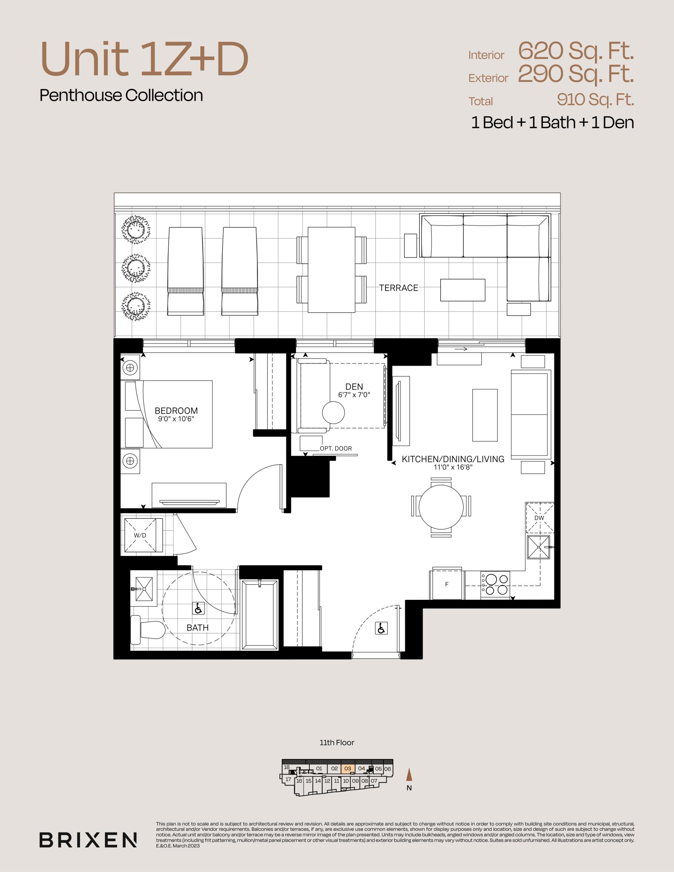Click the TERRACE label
pyautogui.click(x=398, y=288)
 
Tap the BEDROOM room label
pyautogui.click(x=176, y=410)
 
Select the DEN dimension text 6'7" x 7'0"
pyautogui.click(x=354, y=395)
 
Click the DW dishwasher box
pyautogui.click(x=539, y=518)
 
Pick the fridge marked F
pyautogui.click(x=447, y=584)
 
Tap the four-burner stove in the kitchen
pyautogui.click(x=495, y=584)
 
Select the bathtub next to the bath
pyautogui.click(x=260, y=614)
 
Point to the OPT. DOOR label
pyautogui.click(x=336, y=448)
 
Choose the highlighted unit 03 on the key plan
pyautogui.click(x=348, y=768)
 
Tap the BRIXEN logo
pyautogui.click(x=88, y=840)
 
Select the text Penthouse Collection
pyautogui.click(x=121, y=95)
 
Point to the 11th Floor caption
pyautogui.click(x=337, y=743)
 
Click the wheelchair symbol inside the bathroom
pyautogui.click(x=199, y=608)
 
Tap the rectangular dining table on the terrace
pyautogui.click(x=332, y=270)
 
